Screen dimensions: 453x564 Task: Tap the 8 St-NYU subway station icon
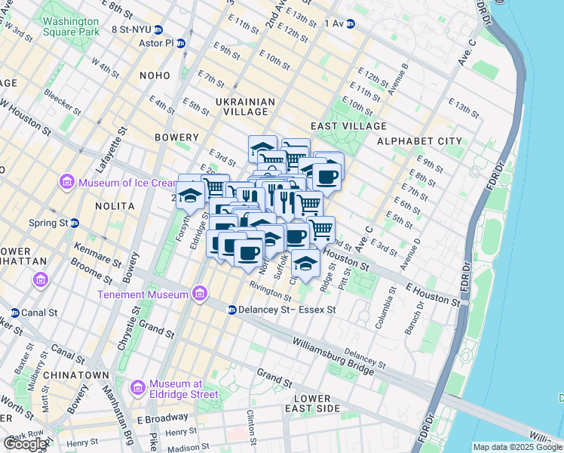[158, 29]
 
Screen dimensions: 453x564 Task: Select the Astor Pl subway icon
[181, 43]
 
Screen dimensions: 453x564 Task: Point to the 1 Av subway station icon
[351, 23]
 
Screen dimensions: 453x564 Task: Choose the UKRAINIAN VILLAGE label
[241, 106]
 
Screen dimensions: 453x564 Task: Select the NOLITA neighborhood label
[115, 205]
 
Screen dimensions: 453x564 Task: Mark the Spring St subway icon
[75, 223]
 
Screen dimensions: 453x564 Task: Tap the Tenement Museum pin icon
[200, 293]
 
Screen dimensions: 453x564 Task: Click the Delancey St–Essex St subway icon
[232, 310]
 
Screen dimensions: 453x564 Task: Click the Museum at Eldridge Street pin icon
[138, 388]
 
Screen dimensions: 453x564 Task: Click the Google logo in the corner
[25, 444]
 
